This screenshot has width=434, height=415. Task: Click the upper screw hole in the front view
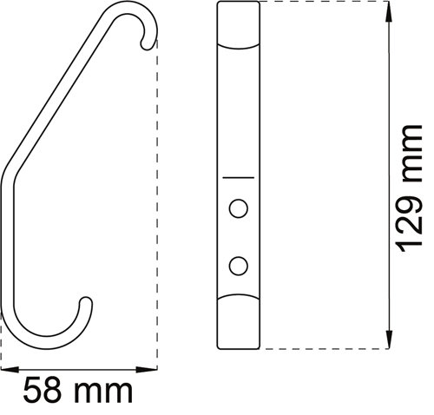239,208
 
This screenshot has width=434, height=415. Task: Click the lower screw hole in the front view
239,266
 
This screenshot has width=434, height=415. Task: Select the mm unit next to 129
411,154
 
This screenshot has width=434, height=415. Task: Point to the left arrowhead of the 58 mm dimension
10,370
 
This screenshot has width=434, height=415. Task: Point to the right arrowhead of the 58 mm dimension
147,370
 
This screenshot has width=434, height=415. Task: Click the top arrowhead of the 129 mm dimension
389,11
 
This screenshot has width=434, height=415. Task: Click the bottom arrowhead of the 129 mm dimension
389,339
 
